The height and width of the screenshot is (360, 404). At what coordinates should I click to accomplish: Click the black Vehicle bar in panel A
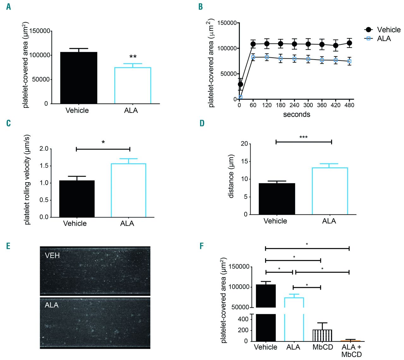[79, 78]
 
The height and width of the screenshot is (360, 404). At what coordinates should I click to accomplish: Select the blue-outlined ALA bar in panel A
[133, 85]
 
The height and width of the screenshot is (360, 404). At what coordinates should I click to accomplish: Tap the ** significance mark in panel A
[133, 57]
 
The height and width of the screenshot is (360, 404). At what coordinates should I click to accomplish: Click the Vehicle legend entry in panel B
[389, 30]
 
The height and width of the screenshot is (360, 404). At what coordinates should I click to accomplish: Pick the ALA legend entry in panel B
[384, 38]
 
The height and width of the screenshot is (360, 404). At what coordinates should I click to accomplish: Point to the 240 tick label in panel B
[294, 105]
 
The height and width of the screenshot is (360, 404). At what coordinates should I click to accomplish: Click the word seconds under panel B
[296, 114]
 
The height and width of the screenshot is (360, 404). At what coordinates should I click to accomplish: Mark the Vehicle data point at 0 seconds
[241, 84]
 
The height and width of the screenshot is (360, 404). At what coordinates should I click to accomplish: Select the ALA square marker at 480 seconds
[349, 61]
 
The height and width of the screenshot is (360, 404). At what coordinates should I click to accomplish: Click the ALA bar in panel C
[128, 190]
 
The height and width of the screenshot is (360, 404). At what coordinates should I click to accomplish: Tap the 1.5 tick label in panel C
[44, 166]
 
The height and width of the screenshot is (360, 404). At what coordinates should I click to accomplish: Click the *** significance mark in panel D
[303, 137]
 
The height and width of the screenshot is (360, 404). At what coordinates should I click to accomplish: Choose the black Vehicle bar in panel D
[277, 199]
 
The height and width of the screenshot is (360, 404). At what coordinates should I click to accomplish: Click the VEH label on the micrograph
[52, 255]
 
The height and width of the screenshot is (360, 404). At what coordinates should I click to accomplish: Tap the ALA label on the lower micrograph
[52, 305]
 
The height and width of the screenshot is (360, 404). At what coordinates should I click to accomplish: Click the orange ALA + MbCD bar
[351, 341]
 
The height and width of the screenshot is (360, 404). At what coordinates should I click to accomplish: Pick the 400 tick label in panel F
[243, 319]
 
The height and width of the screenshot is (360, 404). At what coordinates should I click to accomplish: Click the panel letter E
[8, 246]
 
